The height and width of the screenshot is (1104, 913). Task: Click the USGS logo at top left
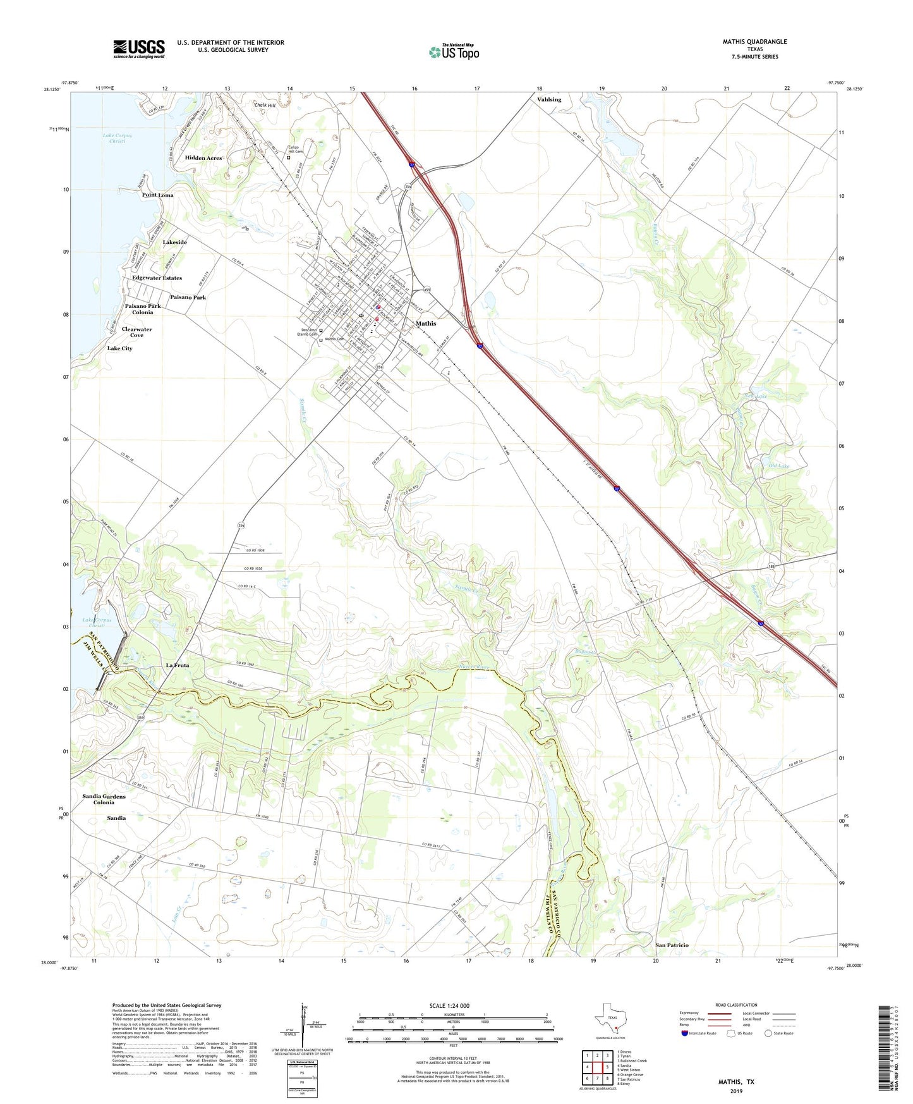(x=139, y=49)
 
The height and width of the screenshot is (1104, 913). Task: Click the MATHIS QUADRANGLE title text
(x=754, y=42)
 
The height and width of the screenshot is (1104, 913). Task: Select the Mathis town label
(x=426, y=323)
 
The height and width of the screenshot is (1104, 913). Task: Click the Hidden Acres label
(x=203, y=157)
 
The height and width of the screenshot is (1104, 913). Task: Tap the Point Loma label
(x=157, y=195)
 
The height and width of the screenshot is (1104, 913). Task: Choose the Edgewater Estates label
(x=157, y=278)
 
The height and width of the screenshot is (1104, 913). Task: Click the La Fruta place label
(x=178, y=665)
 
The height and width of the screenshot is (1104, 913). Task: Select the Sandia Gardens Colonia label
(x=104, y=799)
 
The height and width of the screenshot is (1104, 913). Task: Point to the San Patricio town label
(x=672, y=945)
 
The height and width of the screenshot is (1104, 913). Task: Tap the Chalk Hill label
(x=265, y=105)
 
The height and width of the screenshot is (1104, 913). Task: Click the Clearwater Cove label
(x=136, y=332)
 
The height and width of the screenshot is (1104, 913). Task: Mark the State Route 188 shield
(x=771, y=567)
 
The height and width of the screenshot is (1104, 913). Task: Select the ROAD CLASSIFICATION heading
(x=736, y=1005)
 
